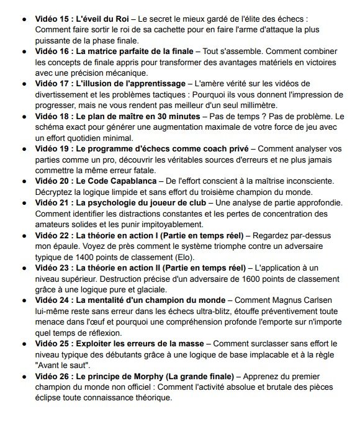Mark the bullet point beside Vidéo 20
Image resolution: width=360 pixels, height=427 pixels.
pyautogui.click(x=24, y=181)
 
